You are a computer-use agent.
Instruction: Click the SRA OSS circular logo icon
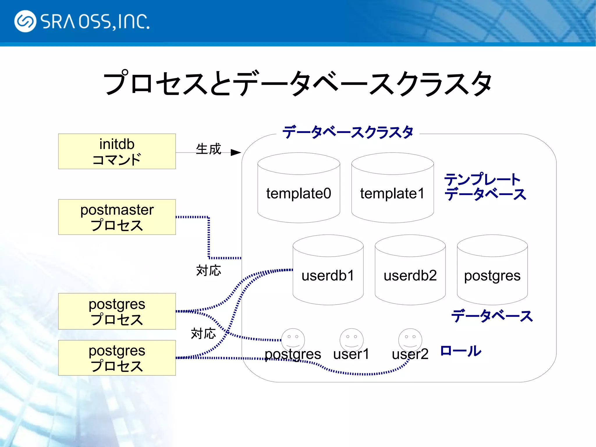pos(25,21)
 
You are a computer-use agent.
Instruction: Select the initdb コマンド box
pos(117,151)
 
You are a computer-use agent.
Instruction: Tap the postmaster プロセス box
pos(117,217)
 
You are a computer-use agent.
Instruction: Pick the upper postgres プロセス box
pos(117,311)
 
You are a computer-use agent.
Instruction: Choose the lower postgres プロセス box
pos(117,358)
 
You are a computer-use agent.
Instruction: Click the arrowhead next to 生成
pos(236,152)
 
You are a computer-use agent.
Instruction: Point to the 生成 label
pos(208,149)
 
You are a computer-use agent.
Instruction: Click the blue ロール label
pos(461,351)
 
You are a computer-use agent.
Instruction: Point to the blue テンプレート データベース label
pos(485,187)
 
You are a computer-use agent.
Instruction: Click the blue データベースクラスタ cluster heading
pos(348,132)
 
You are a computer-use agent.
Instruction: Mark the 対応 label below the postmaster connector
pos(208,271)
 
